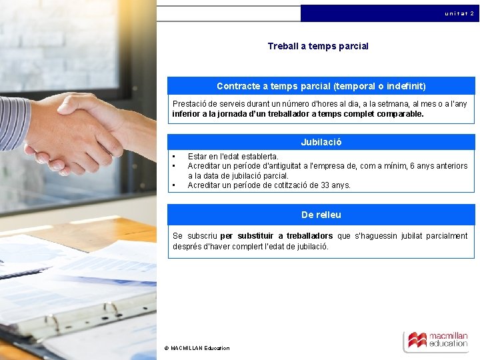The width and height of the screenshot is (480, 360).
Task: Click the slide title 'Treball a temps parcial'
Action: pyautogui.click(x=318, y=46)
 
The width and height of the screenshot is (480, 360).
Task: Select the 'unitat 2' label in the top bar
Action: pyautogui.click(x=459, y=13)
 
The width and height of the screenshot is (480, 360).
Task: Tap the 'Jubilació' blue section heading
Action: pyautogui.click(x=321, y=142)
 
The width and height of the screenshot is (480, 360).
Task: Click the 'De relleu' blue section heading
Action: pyautogui.click(x=321, y=215)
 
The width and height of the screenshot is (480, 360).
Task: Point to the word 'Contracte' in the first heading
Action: pyautogui.click(x=236, y=86)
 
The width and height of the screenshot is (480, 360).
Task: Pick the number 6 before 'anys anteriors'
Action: pyautogui.click(x=412, y=166)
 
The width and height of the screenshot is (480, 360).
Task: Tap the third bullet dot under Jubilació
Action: pyautogui.click(x=173, y=185)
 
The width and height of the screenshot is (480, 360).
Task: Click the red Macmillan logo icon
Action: pyautogui.click(x=417, y=340)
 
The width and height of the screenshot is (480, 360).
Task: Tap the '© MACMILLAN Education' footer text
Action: pyautogui.click(x=197, y=348)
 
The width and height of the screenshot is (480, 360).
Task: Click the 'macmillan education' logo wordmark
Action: pyautogui.click(x=448, y=340)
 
